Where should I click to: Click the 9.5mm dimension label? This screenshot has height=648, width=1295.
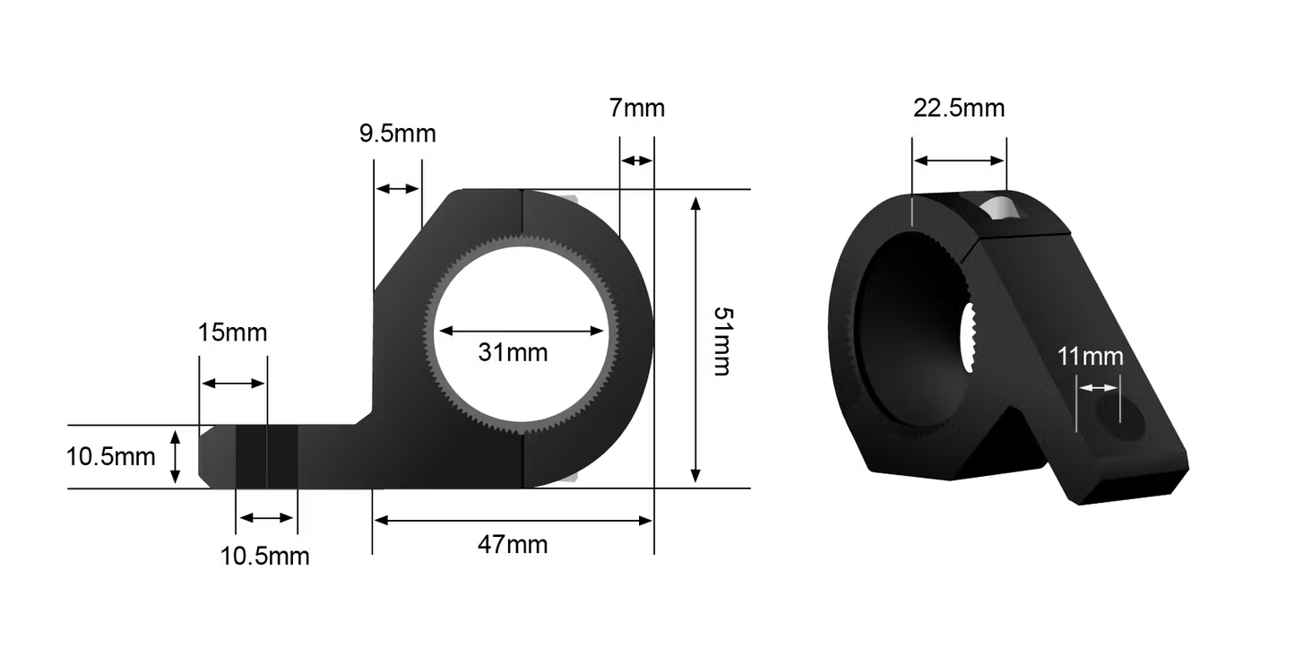coord(397,134)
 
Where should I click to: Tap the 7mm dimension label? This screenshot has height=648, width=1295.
coord(636,108)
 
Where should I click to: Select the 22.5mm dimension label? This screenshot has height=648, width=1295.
coord(959,108)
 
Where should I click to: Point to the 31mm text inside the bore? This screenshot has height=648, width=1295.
coord(513,352)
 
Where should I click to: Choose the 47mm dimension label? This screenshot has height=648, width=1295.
coord(513,544)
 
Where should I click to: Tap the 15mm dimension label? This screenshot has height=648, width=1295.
coord(232,333)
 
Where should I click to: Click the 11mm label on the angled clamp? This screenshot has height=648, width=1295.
coord(1090,357)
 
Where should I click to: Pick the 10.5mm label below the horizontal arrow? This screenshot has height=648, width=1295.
coord(264,557)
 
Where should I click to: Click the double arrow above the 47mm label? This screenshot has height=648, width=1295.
coord(513,520)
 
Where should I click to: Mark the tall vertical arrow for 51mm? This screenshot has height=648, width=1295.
coord(695,340)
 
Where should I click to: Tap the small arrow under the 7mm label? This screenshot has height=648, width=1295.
coord(636,160)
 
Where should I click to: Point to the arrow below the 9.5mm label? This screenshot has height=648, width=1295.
coord(397,188)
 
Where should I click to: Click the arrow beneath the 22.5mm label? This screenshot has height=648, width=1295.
coord(959,161)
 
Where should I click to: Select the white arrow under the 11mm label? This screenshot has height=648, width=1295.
coord(1098,388)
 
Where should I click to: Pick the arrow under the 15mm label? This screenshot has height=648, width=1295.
coord(233,384)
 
